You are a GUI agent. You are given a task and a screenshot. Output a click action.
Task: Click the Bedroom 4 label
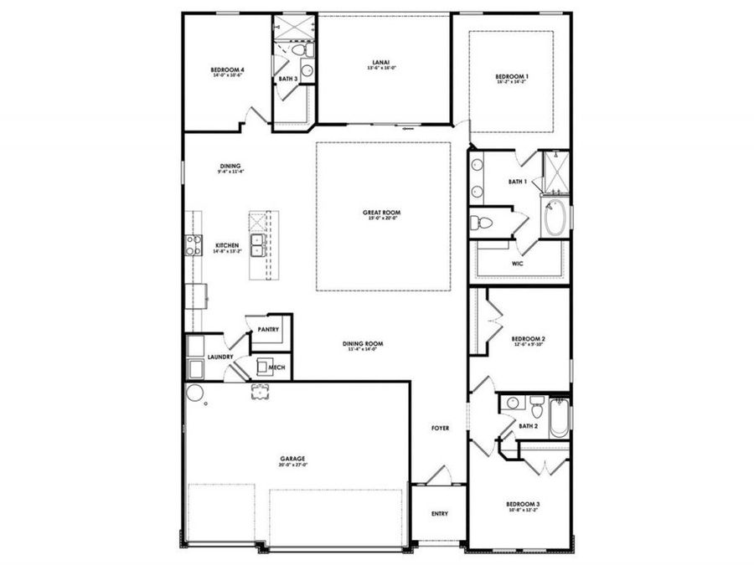click(228, 70)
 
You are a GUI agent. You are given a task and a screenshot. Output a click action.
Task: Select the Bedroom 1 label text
click(512, 78)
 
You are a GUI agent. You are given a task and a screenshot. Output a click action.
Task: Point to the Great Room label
click(381, 213)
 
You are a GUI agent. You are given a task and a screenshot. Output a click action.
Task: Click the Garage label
click(292, 460)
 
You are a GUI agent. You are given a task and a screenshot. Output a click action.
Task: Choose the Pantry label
click(268, 330)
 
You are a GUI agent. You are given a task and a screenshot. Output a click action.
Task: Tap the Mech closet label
click(276, 367)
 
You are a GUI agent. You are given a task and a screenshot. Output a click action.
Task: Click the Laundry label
click(220, 357)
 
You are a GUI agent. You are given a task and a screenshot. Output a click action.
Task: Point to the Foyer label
click(440, 428)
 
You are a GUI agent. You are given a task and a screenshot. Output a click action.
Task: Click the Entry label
click(439, 513)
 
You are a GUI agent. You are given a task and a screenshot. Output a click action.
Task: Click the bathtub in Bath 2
click(559, 417)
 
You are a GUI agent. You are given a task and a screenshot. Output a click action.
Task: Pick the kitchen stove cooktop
click(192, 245)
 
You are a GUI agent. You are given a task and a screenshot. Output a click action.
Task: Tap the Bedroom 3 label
click(523, 506)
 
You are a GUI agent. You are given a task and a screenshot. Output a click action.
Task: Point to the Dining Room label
click(363, 345)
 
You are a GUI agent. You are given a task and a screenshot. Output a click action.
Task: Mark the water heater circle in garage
click(194, 393)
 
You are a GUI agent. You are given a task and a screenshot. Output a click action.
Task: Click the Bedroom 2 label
click(529, 340)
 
